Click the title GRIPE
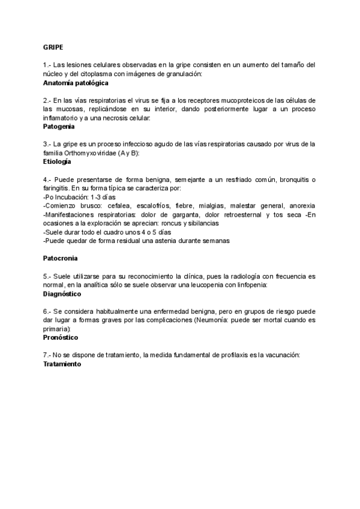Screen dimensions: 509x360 point(53,46)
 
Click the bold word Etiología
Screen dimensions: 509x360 point(57,161)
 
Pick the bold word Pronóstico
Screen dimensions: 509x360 point(61,337)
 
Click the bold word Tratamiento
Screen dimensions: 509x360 point(62,364)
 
